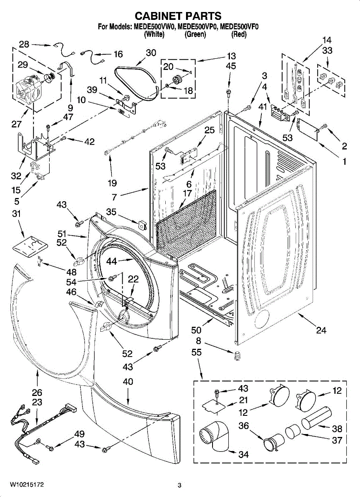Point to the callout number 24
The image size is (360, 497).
coord(321,330)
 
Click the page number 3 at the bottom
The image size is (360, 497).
coord(180,485)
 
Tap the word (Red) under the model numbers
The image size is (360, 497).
coord(239,35)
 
